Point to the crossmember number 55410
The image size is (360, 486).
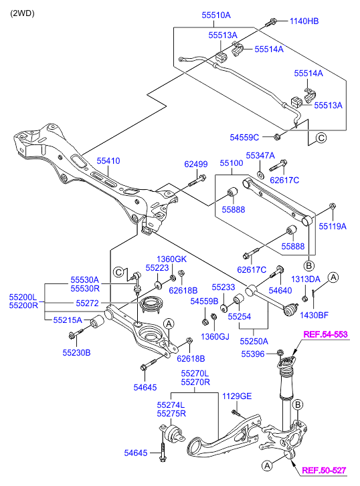pyautogui.click(x=108, y=161)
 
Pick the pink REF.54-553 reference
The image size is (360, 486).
pyautogui.click(x=325, y=334)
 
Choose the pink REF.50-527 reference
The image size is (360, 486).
pyautogui.click(x=324, y=471)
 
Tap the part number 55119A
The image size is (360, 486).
pyautogui.click(x=333, y=227)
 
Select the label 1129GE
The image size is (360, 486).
pyautogui.click(x=238, y=396)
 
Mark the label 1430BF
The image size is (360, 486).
pyautogui.click(x=314, y=314)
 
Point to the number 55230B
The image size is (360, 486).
pyautogui.click(x=77, y=352)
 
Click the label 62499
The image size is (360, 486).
pyautogui.click(x=196, y=164)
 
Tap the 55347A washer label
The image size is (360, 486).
pyautogui.click(x=260, y=155)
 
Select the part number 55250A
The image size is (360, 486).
pyautogui.click(x=254, y=341)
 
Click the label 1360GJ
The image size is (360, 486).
pyautogui.click(x=215, y=336)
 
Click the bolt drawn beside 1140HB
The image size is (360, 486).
pyautogui.click(x=271, y=22)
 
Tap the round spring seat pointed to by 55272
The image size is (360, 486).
pyautogui.click(x=151, y=306)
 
